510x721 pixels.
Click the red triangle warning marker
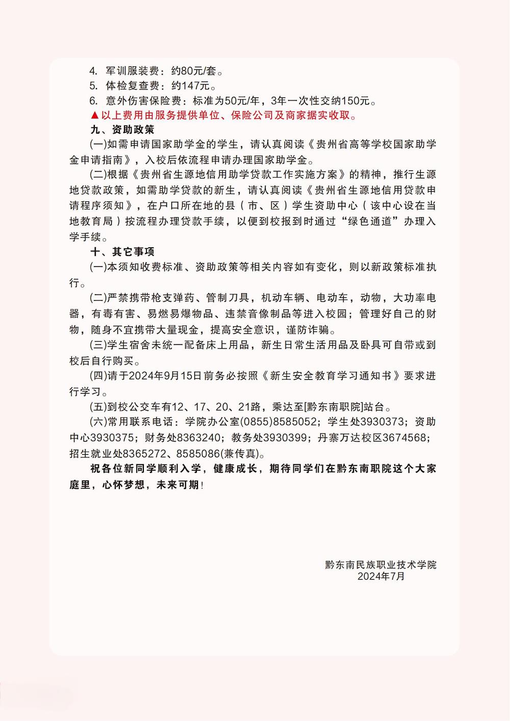[x=94, y=116]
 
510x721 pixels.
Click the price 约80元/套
[x=193, y=71]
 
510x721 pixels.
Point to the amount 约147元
[x=191, y=86]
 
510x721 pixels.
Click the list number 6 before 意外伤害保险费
[x=93, y=101]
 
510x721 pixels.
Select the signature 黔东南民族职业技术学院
[x=380, y=565]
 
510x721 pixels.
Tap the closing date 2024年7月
[x=380, y=577]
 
